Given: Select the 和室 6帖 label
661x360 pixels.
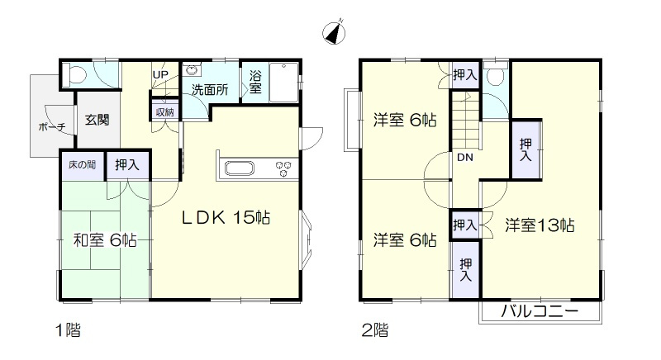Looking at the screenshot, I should pyautogui.click(x=105, y=240).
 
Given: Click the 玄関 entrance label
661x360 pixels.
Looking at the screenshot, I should pyautogui.click(x=97, y=119).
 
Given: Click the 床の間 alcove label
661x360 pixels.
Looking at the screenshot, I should pyautogui.click(x=81, y=164).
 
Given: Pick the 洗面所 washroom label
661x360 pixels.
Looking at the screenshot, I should pyautogui.click(x=210, y=89).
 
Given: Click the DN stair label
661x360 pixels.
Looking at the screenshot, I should pyautogui.click(x=465, y=157).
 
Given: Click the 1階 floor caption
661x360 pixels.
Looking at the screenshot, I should pyautogui.click(x=68, y=331).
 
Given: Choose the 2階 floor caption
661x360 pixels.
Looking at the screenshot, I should pyautogui.click(x=375, y=331).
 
